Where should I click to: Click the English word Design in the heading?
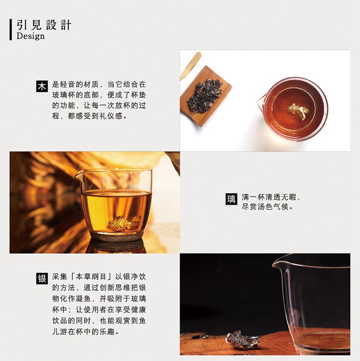point(30,36)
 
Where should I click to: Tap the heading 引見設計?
point(44,25)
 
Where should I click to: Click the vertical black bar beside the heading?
point(11,30)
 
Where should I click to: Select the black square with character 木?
point(42,86)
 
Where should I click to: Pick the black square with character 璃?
point(231,199)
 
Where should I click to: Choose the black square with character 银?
point(42,279)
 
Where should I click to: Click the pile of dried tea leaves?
point(204,96)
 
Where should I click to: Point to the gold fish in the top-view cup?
point(298,111)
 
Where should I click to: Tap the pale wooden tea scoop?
point(191,66)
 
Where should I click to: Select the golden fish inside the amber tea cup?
point(124,222)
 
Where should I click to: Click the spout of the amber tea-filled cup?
point(77,175)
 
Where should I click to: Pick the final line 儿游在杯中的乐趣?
point(86,332)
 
